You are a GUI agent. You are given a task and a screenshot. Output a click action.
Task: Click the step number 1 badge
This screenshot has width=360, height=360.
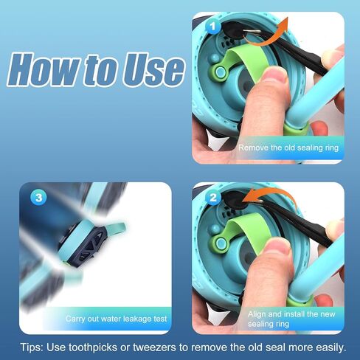click(x=213, y=27)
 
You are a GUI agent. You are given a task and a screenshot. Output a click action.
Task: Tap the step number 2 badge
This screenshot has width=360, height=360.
click(x=213, y=198)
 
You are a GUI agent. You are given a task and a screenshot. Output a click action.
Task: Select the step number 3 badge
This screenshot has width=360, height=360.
click(x=39, y=198)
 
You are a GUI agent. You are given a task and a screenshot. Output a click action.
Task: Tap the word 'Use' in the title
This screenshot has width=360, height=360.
click(x=153, y=69)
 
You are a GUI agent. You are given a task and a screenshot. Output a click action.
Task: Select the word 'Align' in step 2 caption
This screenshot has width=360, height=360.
click(x=257, y=314)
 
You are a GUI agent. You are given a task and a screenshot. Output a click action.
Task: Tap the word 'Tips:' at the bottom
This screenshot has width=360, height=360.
click(x=32, y=347)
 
